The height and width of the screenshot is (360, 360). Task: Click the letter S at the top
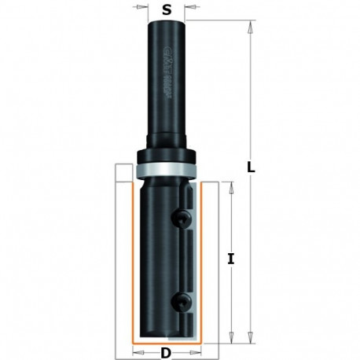pyautogui.click(x=166, y=11)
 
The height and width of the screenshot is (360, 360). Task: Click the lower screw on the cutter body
pyautogui.click(x=183, y=298)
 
